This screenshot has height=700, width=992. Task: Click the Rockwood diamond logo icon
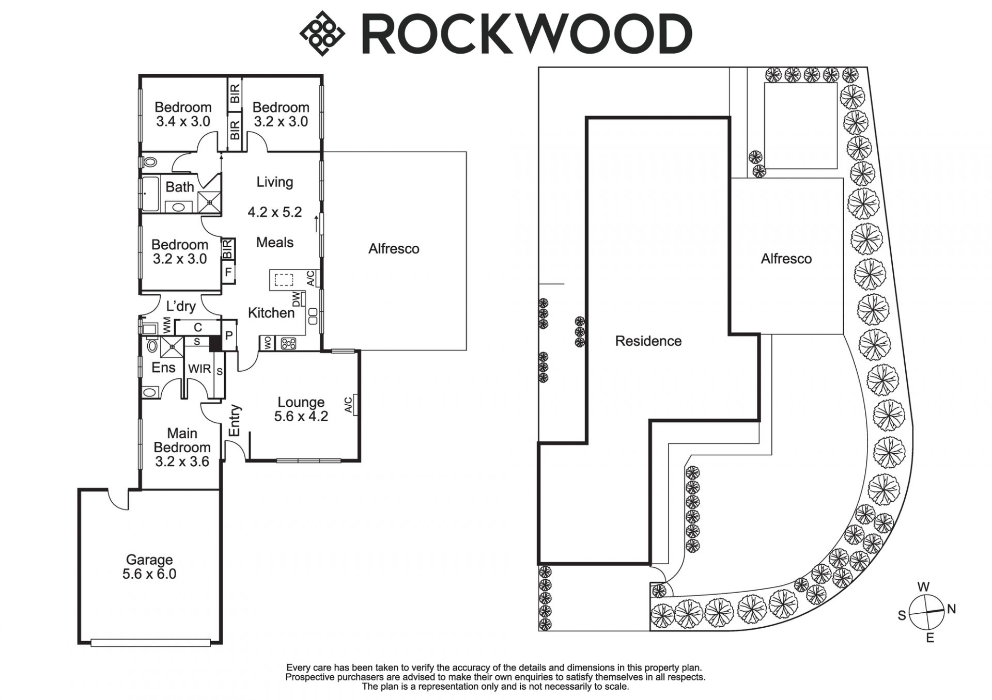tap(322, 33)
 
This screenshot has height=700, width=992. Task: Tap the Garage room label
tap(149, 566)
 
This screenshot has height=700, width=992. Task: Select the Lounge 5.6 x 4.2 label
tap(301, 409)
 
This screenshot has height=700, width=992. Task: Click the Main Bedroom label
tap(182, 447)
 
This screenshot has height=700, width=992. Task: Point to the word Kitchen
tap(271, 312)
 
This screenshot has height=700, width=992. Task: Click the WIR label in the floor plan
tap(199, 369)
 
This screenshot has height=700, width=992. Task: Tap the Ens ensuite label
tap(163, 368)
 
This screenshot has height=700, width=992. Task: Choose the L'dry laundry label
tap(181, 306)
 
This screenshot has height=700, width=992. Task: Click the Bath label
tap(179, 187)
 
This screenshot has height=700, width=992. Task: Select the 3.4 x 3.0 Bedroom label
tap(183, 114)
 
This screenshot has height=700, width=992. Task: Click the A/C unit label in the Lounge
tap(349, 404)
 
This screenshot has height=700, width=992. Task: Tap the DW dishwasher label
tap(296, 299)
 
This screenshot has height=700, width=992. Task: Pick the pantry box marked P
tap(229, 335)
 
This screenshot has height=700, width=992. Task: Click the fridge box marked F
tap(228, 272)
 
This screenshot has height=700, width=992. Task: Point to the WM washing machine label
tap(167, 326)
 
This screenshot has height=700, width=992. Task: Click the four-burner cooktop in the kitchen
tap(287, 343)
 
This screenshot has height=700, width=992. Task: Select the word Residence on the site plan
tap(648, 341)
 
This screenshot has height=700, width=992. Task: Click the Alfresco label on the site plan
tap(786, 259)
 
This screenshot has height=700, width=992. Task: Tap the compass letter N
tap(951, 609)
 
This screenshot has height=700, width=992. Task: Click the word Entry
tap(235, 420)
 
